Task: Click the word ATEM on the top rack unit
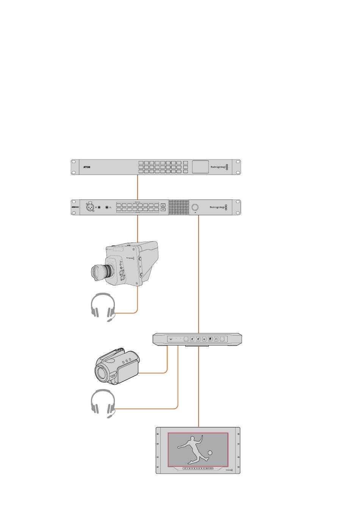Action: tap(87, 167)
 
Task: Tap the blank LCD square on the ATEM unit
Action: tap(200, 167)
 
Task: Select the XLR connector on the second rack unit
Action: tap(91, 207)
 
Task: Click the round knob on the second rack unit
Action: tap(196, 207)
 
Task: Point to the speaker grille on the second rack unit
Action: tap(178, 207)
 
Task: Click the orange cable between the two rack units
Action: tap(137, 187)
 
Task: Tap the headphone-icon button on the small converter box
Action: tap(216, 339)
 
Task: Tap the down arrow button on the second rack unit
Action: tap(163, 209)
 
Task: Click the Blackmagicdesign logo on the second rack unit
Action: tap(218, 207)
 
